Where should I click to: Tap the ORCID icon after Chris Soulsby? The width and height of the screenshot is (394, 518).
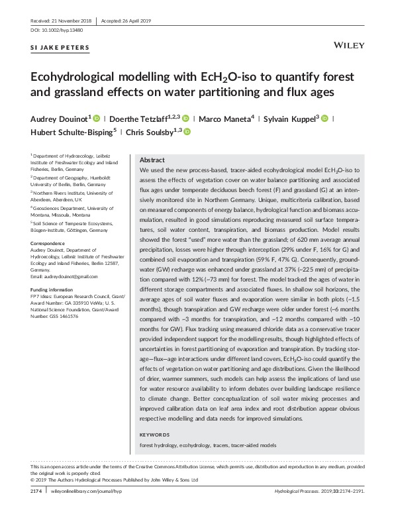(186, 132)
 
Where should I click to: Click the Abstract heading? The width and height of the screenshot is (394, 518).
(152, 160)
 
